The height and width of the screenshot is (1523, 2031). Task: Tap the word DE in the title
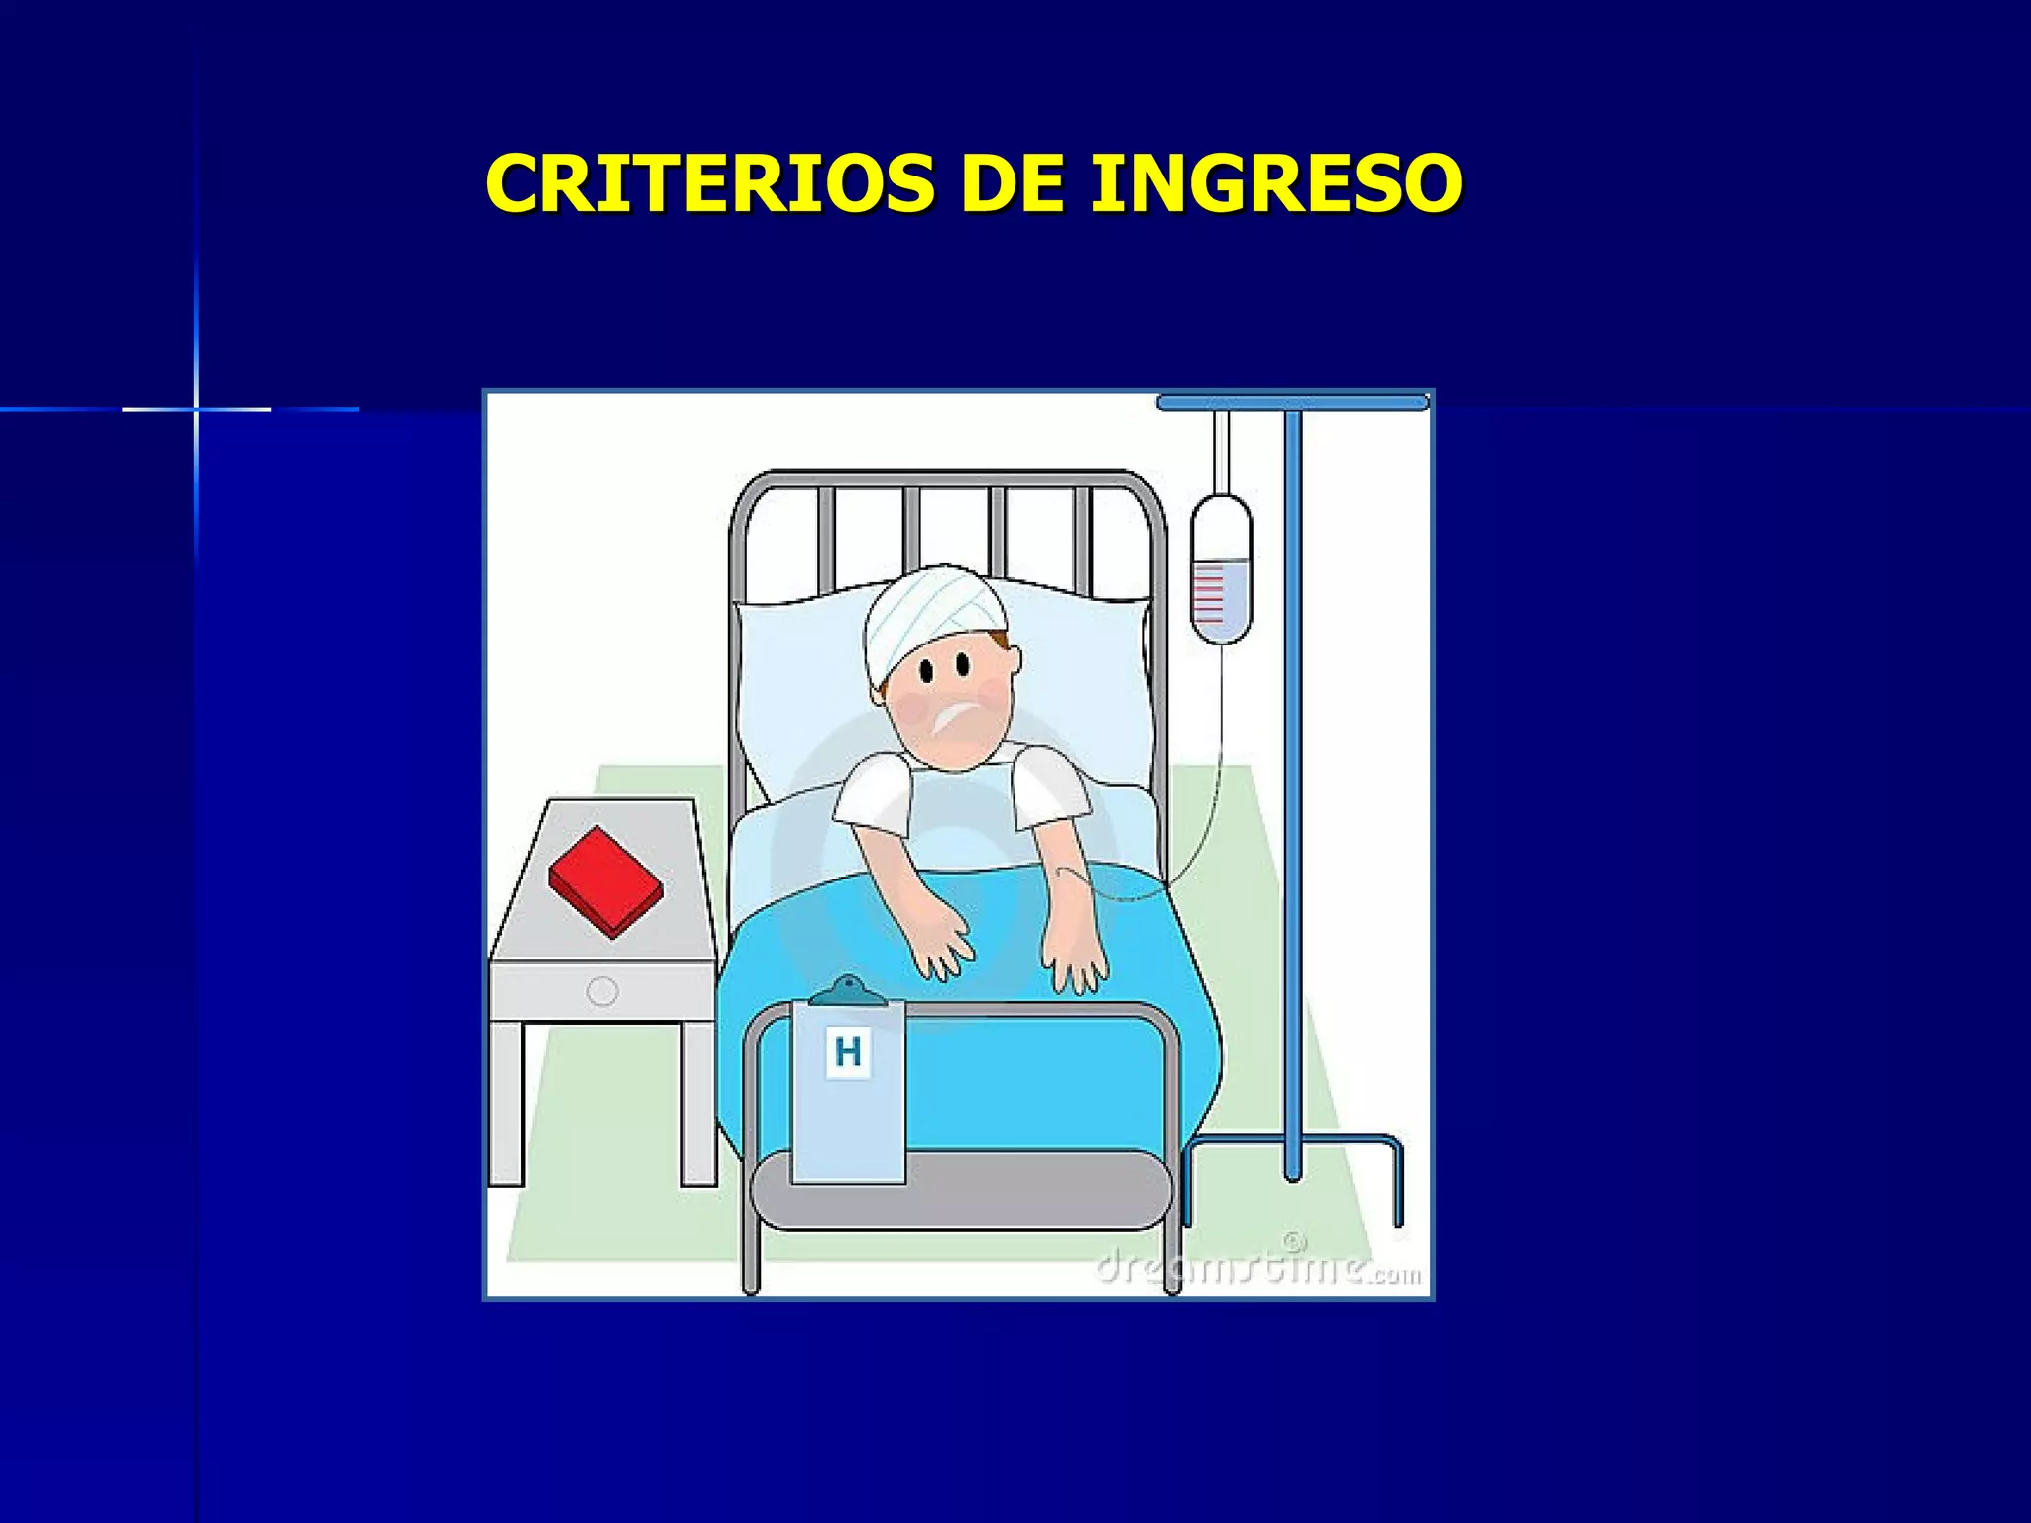click(1012, 183)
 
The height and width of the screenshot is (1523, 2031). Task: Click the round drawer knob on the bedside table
click(602, 991)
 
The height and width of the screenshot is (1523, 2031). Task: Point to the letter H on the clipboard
click(848, 1051)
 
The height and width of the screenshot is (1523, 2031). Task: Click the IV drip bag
click(1221, 569)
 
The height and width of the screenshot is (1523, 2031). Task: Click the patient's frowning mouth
click(953, 716)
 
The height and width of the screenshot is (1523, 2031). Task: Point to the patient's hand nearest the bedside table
click(940, 947)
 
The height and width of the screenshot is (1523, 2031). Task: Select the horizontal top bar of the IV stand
click(1292, 402)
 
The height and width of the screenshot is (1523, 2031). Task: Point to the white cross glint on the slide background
click(196, 409)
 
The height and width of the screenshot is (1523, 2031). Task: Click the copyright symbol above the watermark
click(1295, 1241)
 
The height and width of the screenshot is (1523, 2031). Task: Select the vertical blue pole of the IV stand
click(1292, 793)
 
